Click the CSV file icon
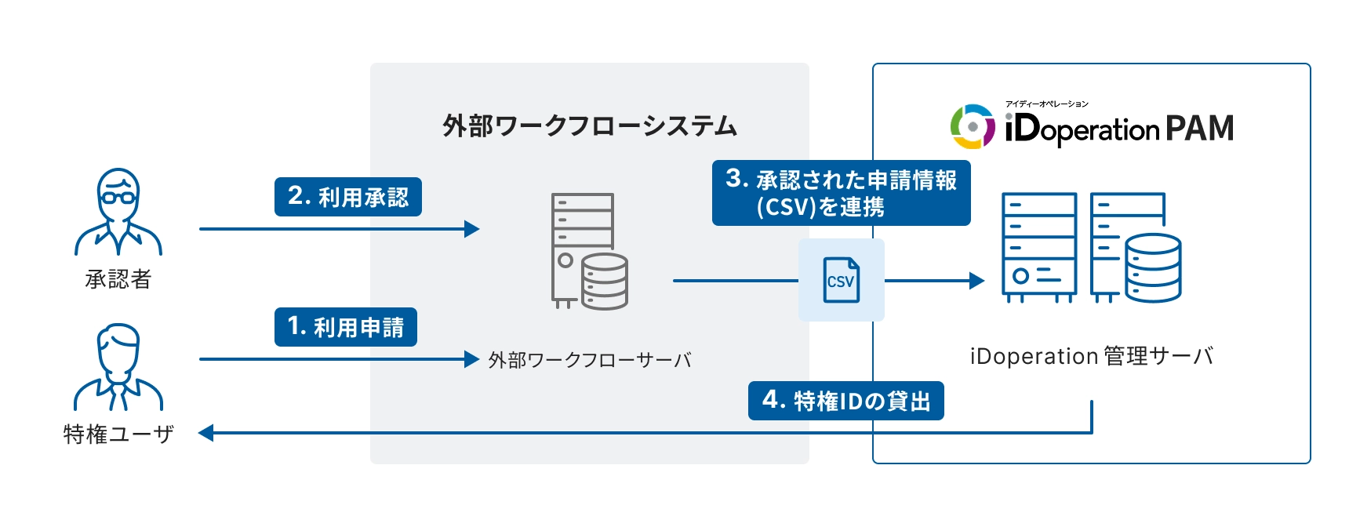pyautogui.click(x=841, y=280)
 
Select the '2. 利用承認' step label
pyautogui.click(x=347, y=197)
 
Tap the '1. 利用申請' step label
pyautogui.click(x=345, y=327)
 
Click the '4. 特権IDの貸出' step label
pyautogui.click(x=845, y=401)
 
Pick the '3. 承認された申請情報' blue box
pyautogui.click(x=841, y=193)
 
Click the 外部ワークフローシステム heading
pyautogui.click(x=589, y=125)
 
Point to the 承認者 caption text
pyautogui.click(x=118, y=279)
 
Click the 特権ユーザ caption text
pyautogui.click(x=118, y=434)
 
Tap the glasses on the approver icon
pyautogui.click(x=118, y=197)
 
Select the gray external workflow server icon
pyautogui.click(x=588, y=251)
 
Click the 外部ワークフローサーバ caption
pyautogui.click(x=589, y=360)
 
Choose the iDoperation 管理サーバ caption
pyautogui.click(x=1091, y=356)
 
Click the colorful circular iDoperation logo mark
pyautogui.click(x=973, y=126)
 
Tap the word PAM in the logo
pyautogui.click(x=1199, y=129)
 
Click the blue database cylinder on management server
pyautogui.click(x=1152, y=267)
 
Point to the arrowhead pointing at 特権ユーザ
pyautogui.click(x=206, y=433)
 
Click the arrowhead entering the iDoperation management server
pyautogui.click(x=976, y=280)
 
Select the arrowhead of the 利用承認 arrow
pyautogui.click(x=471, y=229)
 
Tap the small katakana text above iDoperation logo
pyautogui.click(x=1046, y=104)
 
